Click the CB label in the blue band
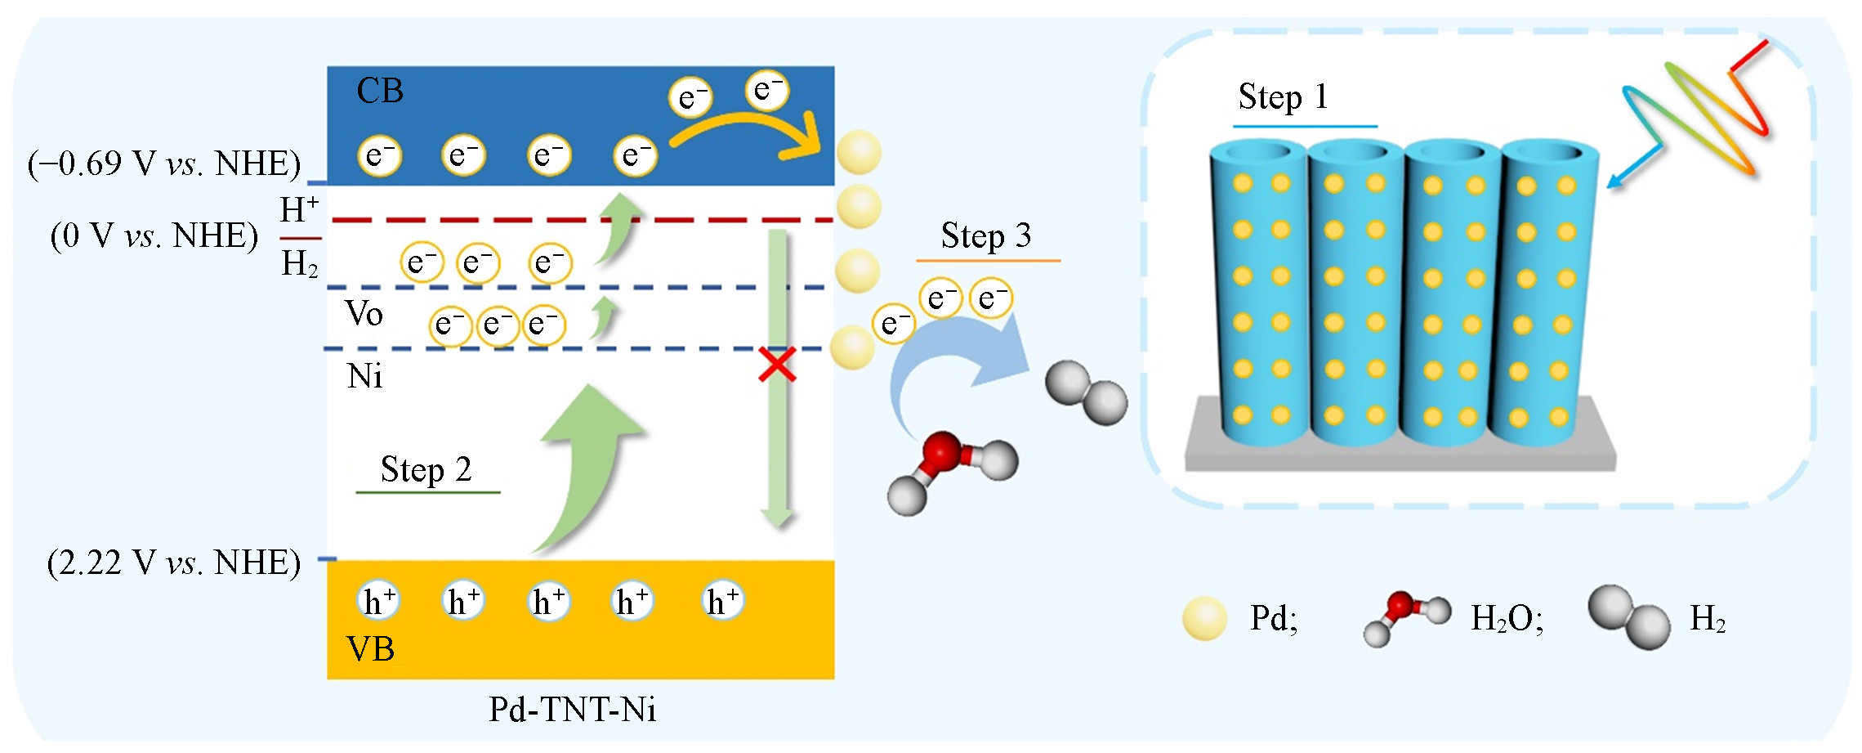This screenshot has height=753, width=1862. click(380, 91)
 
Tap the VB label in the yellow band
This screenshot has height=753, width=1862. click(371, 649)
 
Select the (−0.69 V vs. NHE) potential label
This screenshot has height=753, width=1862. click(164, 164)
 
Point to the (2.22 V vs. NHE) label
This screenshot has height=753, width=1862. click(173, 563)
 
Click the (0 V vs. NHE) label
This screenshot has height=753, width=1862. click(154, 235)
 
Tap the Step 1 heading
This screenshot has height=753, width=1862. click(1283, 97)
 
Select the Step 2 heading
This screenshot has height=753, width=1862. click(426, 470)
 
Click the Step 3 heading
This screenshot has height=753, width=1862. click(985, 236)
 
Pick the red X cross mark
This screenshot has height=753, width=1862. click(777, 365)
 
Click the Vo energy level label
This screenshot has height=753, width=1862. click(364, 314)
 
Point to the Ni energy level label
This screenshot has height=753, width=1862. click(364, 376)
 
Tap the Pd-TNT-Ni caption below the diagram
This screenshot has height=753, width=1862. click(572, 710)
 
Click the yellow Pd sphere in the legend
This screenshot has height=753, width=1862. click(1204, 619)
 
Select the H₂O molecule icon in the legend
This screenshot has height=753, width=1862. click(1406, 617)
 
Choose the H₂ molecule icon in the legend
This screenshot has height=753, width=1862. click(1629, 616)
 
